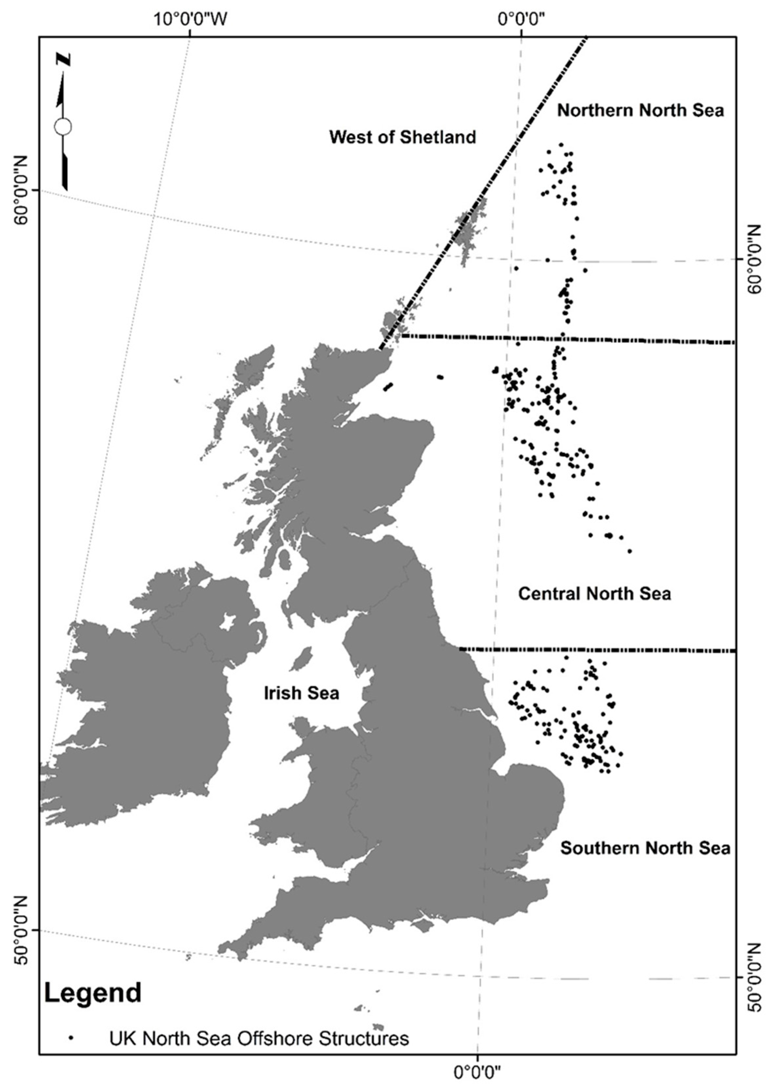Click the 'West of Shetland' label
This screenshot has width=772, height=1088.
pyautogui.click(x=402, y=137)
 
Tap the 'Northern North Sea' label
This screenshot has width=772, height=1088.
pyautogui.click(x=640, y=110)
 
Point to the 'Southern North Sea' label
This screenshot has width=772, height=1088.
pyautogui.click(x=645, y=848)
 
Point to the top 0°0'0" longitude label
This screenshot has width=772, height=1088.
pyautogui.click(x=521, y=20)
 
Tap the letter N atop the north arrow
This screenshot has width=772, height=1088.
pyautogui.click(x=63, y=59)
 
